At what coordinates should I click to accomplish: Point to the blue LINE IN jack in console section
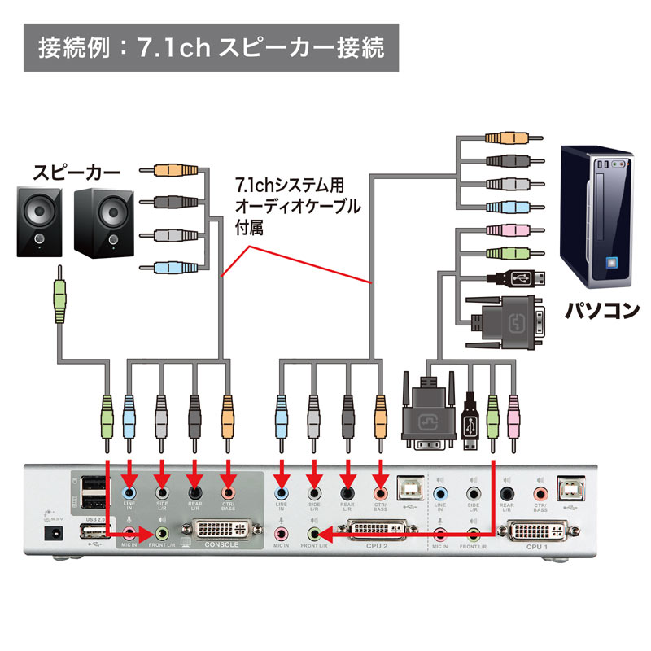pos(129,492)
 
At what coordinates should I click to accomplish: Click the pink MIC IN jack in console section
pos(129,533)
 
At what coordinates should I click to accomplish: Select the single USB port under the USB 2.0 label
pos(92,533)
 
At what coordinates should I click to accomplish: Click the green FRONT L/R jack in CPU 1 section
pos(473,534)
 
